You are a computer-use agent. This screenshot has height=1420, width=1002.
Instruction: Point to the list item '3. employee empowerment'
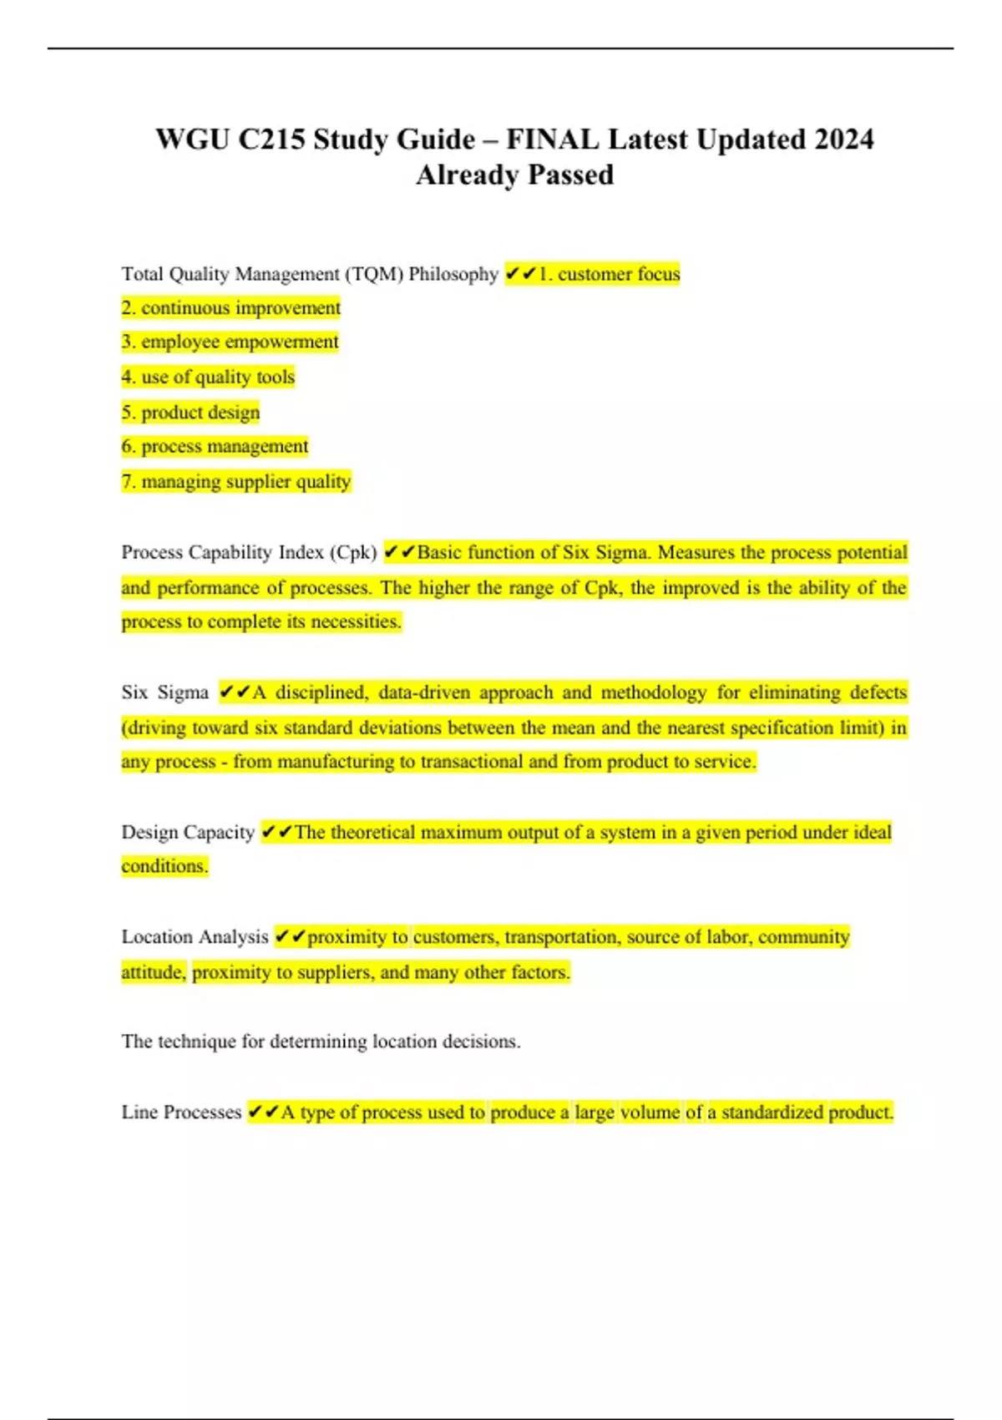[x=230, y=342]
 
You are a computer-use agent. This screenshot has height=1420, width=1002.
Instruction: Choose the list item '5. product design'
[x=191, y=412]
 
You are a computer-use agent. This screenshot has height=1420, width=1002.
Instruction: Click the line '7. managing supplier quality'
[x=236, y=482]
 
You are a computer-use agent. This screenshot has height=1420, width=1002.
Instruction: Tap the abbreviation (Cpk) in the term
[x=353, y=552]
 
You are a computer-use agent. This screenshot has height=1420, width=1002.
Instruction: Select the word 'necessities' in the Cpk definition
[x=356, y=621]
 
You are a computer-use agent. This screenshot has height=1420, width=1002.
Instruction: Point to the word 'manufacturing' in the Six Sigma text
[x=337, y=762]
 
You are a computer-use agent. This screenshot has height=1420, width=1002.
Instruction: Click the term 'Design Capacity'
[x=188, y=832]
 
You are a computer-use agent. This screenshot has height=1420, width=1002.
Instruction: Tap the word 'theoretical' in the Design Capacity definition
[x=372, y=832]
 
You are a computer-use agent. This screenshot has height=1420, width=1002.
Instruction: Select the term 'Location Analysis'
[x=195, y=937]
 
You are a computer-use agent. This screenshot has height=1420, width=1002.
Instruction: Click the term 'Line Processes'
[x=181, y=1113]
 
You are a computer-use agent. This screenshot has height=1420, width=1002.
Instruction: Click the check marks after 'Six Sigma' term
[x=235, y=692]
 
